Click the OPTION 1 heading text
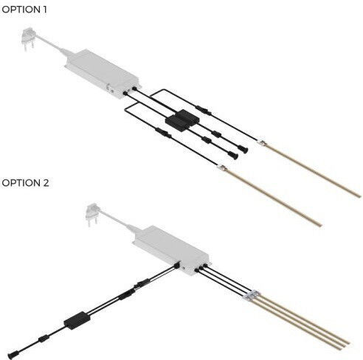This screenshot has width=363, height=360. click(x=24, y=10)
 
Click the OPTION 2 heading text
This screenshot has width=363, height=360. click(x=25, y=183)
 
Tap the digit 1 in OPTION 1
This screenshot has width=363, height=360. click(x=44, y=10)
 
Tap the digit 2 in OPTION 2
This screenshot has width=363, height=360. click(x=46, y=183)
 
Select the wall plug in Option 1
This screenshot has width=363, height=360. click(x=28, y=38)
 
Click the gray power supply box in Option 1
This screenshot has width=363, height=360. click(x=102, y=74)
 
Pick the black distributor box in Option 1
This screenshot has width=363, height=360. click(x=182, y=120)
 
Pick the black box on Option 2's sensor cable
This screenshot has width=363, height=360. click(x=77, y=320)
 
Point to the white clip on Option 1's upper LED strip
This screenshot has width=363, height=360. click(x=262, y=142)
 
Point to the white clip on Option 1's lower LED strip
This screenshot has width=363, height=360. click(x=222, y=168)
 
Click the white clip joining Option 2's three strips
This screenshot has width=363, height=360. click(x=252, y=294)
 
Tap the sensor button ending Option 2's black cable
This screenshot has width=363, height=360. click(x=12, y=356)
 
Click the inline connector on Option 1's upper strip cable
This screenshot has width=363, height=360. click(x=204, y=110)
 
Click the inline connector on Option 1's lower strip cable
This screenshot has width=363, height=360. click(x=163, y=133)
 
